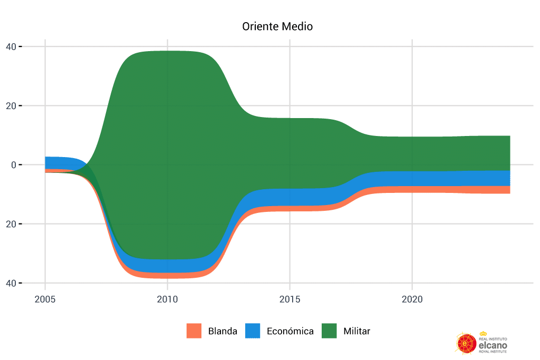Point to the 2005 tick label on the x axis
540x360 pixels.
point(45,299)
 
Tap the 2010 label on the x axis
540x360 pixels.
point(167,299)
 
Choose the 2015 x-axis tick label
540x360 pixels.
point(290,299)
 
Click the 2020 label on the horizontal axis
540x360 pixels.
point(412,299)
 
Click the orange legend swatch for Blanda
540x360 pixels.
point(194,331)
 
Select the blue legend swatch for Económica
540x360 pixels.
point(253,331)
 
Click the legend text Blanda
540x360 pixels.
point(223,332)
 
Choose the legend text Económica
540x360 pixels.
point(290,332)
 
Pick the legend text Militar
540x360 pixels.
point(356,332)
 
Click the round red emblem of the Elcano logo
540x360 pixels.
point(466,343)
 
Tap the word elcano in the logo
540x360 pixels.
point(492,344)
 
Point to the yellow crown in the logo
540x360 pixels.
point(483,334)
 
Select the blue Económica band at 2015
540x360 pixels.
point(290,197)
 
